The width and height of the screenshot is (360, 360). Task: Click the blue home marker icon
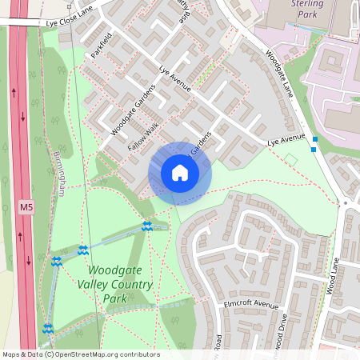pyautogui.click(x=180, y=173)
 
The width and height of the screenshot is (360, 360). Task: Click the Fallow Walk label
pyautogui.click(x=144, y=135)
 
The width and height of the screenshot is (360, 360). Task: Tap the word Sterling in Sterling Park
pyautogui.click(x=308, y=4)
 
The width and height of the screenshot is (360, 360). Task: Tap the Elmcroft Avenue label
pyautogui.click(x=251, y=306)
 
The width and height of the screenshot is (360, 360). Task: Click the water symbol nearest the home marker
pyautogui.click(x=146, y=226)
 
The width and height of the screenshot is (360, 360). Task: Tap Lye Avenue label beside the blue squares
pyautogui.click(x=286, y=142)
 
